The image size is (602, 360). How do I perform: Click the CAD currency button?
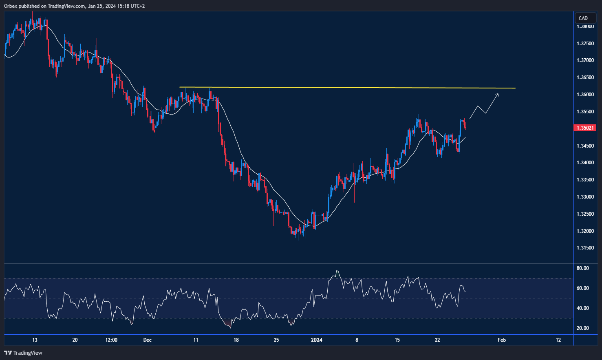[x=583, y=18]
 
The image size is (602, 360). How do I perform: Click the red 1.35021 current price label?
[x=585, y=128]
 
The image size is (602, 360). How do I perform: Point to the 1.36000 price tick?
[x=585, y=95]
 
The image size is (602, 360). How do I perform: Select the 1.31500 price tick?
[x=585, y=248]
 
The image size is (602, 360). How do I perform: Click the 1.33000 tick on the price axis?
[x=585, y=197]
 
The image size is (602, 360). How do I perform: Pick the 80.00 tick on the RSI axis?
[x=582, y=268]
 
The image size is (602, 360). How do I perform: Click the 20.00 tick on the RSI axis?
[x=582, y=328]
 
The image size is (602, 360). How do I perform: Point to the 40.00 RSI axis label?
[x=582, y=308]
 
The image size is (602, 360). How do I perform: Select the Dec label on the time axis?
[x=148, y=340]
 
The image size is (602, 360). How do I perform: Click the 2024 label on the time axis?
[x=316, y=340]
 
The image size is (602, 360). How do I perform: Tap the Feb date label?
[x=502, y=340]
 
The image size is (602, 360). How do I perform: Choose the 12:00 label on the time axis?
[x=111, y=340]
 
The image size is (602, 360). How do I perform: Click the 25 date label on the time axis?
[x=276, y=340]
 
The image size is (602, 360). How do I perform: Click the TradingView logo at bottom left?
[x=23, y=353]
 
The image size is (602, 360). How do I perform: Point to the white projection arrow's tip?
[x=498, y=94]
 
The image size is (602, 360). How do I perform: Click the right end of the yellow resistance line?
[x=515, y=88]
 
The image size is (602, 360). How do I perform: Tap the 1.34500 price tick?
[x=585, y=146]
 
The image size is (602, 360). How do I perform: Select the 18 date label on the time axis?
[x=236, y=340]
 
